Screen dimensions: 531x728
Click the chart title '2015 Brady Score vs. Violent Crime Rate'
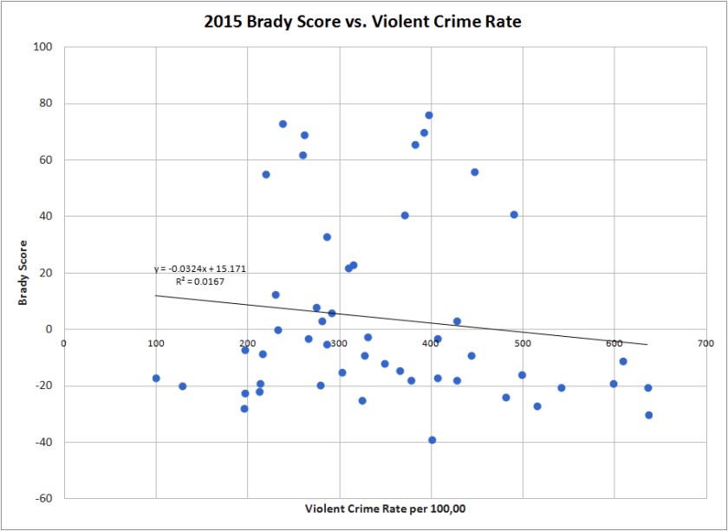point(363,22)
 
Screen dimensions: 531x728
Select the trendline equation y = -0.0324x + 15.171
point(200,269)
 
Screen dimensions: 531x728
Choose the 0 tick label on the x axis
point(64,342)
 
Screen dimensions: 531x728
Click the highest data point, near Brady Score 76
point(429,115)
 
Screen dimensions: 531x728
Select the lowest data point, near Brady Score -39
point(432,440)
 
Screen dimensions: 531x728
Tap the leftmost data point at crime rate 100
point(156,379)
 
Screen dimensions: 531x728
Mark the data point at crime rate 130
point(183,386)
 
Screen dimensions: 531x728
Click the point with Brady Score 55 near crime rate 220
point(266,174)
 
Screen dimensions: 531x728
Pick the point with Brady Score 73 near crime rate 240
point(283,124)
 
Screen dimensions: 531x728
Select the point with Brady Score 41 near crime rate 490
point(514,215)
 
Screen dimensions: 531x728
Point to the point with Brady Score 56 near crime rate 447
point(475,172)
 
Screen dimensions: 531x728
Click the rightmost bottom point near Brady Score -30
point(648,415)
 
